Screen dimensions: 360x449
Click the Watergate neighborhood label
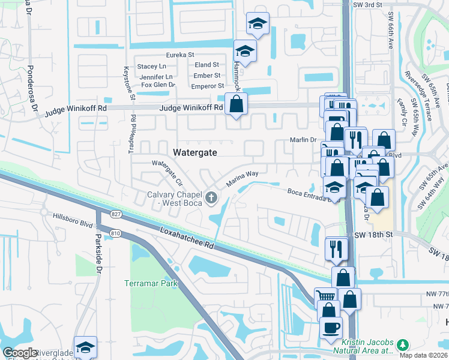coord(194,152)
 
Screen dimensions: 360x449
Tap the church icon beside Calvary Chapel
coord(211,197)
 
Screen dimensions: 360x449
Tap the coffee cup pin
coord(330,328)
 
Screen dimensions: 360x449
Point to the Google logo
coord(20,353)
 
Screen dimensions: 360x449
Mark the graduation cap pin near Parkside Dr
coord(85,347)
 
